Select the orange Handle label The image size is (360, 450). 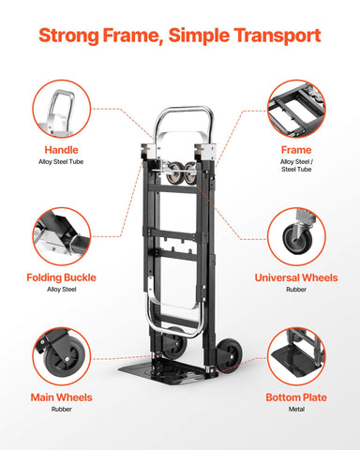coord(62,149)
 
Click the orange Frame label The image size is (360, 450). coord(295,149)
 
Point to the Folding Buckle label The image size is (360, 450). coord(62,277)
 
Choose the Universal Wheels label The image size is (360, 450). coord(295,277)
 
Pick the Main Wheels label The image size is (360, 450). coord(62,397)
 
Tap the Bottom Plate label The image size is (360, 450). coord(295,397)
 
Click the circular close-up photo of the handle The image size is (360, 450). coord(62,108)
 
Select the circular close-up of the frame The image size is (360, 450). coord(295,108)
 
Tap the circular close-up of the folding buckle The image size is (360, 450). coord(62,235)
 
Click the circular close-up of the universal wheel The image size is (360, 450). coord(295,235)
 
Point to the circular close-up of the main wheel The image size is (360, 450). coord(62,356)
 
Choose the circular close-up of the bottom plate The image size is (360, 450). coord(295,356)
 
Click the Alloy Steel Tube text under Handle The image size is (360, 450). coord(62,163)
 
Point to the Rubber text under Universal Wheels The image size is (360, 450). coord(295,292)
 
